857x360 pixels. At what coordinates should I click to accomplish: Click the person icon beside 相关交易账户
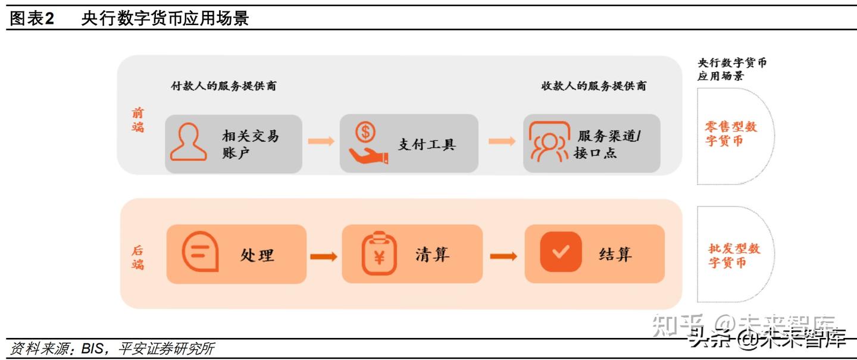[x=189, y=142]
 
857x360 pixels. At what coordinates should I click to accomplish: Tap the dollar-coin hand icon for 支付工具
[x=367, y=143]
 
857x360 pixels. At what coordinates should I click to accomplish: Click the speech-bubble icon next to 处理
[x=200, y=253]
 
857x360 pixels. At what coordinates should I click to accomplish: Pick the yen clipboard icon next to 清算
[x=379, y=254]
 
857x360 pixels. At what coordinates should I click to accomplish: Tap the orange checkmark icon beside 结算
[x=560, y=252]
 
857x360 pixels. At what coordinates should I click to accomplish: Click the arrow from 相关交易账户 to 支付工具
[x=321, y=141]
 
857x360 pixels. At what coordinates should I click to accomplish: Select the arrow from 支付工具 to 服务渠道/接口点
[x=502, y=141]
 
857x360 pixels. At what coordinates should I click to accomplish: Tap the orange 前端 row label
[x=138, y=120]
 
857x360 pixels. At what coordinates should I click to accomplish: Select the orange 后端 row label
[x=138, y=258]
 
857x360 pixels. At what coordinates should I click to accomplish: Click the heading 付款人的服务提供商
[x=223, y=86]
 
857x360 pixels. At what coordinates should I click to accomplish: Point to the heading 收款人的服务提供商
[x=593, y=86]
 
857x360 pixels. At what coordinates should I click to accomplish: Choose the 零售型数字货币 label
[x=731, y=134]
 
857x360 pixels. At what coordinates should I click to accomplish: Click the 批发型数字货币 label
[x=734, y=255]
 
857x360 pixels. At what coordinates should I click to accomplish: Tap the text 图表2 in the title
[x=32, y=18]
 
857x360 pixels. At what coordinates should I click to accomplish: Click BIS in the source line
[x=92, y=349]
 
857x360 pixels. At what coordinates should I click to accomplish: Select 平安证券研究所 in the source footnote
[x=166, y=349]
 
